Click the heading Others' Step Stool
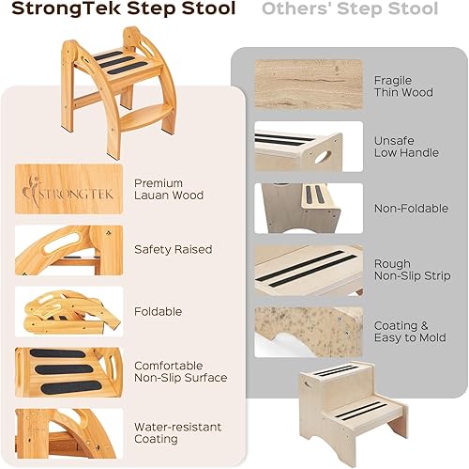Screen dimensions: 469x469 [350, 10]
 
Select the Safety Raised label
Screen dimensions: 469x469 [174, 250]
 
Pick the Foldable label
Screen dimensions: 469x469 [158, 311]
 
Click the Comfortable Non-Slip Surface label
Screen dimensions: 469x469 [180, 371]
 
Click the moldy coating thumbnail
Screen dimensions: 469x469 [309, 331]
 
